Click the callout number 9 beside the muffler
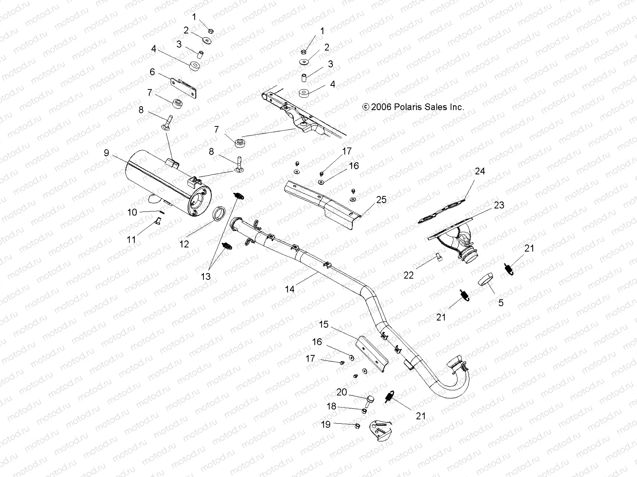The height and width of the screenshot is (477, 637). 106,153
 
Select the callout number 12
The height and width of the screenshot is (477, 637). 184,244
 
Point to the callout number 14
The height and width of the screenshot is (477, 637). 290,289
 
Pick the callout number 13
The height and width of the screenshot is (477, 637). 206,276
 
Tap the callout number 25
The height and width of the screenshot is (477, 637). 381,200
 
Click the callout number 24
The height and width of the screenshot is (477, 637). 480,171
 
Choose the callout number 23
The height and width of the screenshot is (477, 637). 499,205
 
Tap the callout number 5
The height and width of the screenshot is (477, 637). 501,302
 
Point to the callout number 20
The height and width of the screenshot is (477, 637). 342,392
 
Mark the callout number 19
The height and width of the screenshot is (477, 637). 326,425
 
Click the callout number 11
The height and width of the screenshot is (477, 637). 131,239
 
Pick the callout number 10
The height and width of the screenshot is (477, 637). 132,212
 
